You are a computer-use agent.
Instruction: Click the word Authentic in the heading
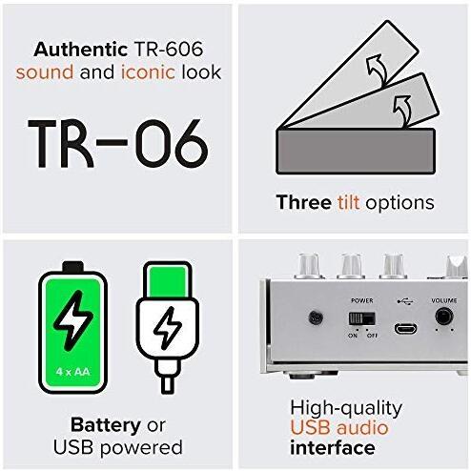(x=81, y=50)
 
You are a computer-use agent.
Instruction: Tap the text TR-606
(x=169, y=50)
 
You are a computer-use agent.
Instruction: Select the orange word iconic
(x=148, y=72)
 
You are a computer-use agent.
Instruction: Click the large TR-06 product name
(x=118, y=144)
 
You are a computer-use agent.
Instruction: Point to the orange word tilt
(x=348, y=202)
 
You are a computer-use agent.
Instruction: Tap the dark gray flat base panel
(x=356, y=151)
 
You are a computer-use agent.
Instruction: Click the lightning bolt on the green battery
(x=73, y=320)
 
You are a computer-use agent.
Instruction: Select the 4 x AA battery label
(x=72, y=371)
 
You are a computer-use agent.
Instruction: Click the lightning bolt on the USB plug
(x=168, y=328)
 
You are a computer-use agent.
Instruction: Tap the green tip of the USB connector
(x=168, y=282)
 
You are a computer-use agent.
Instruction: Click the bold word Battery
(x=106, y=425)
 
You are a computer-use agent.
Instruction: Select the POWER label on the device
(x=361, y=300)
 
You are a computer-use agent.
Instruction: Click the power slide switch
(x=362, y=318)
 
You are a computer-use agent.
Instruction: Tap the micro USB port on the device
(x=406, y=328)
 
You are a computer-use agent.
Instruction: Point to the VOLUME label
(x=443, y=300)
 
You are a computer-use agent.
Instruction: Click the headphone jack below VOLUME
(x=444, y=317)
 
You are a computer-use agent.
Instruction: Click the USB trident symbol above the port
(x=405, y=300)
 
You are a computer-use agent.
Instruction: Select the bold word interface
(x=333, y=448)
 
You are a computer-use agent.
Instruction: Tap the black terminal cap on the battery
(x=73, y=267)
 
